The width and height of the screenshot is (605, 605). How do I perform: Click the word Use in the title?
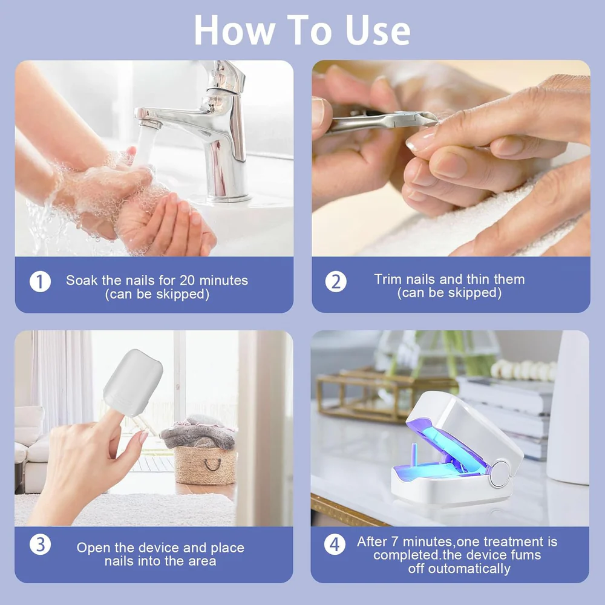[378, 31]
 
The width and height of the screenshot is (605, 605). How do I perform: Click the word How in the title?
[235, 31]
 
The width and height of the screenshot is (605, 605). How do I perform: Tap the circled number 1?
[40, 281]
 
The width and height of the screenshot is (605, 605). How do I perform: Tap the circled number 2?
[336, 281]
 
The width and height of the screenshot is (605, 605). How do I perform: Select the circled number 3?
[40, 544]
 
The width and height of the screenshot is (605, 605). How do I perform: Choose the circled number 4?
[335, 544]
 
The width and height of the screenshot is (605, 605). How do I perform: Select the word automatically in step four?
[469, 569]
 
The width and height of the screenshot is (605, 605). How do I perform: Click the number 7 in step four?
[394, 541]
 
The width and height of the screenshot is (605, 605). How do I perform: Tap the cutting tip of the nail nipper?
[429, 118]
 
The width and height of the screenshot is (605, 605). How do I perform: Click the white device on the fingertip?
[133, 382]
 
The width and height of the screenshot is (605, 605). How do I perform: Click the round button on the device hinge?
[500, 474]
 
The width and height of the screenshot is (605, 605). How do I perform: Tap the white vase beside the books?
[567, 407]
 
